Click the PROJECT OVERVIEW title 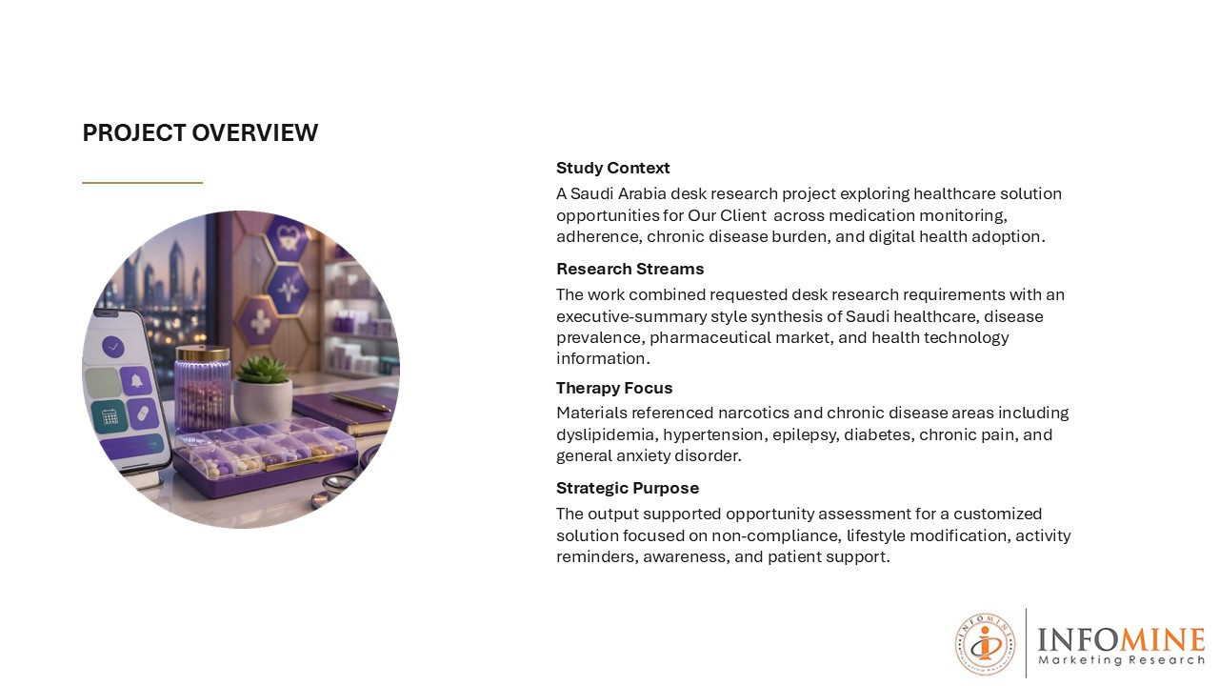click(x=200, y=132)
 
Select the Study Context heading click(x=612, y=168)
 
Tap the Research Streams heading click(x=629, y=269)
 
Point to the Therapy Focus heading click(x=614, y=388)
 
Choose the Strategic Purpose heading click(x=628, y=488)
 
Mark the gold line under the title click(x=142, y=183)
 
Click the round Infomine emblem click(x=985, y=645)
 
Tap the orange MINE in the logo click(x=1161, y=639)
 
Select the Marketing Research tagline click(x=1121, y=660)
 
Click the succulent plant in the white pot click(x=263, y=371)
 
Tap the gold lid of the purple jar click(x=203, y=353)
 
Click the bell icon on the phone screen click(x=136, y=381)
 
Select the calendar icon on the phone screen click(x=110, y=416)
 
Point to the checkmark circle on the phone click(x=113, y=347)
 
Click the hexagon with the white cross click(x=261, y=322)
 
